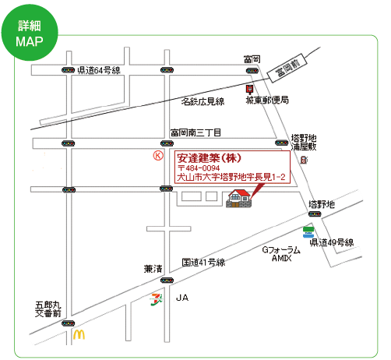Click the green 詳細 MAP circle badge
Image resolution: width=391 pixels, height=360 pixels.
pyautogui.click(x=30, y=33)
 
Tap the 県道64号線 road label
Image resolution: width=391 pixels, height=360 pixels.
pyautogui.click(x=99, y=70)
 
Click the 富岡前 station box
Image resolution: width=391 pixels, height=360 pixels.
pyautogui.click(x=287, y=68)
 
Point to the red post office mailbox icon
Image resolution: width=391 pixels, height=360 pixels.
pyautogui.click(x=249, y=89)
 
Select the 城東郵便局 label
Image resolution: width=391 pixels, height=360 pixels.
pyautogui.click(x=267, y=100)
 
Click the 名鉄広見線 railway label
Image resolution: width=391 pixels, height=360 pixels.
pyautogui.click(x=203, y=101)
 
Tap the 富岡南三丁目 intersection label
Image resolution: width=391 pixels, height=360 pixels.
pyautogui.click(x=195, y=132)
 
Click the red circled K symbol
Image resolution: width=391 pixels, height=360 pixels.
pyautogui.click(x=158, y=156)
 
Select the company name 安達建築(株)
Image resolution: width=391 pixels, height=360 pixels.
pyautogui.click(x=210, y=158)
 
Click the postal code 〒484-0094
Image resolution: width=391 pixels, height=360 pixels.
pyautogui.click(x=199, y=168)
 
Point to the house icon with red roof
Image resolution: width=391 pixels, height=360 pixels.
pyautogui.click(x=239, y=199)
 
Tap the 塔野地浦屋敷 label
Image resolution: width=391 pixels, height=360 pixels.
pyautogui.click(x=304, y=143)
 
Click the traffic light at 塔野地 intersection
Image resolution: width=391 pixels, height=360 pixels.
pyautogui.click(x=315, y=214)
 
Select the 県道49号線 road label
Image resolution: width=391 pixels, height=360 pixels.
pyautogui.click(x=332, y=242)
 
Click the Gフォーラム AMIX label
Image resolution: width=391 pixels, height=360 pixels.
pyautogui.click(x=281, y=254)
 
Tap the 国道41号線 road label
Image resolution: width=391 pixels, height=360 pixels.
pyautogui.click(x=203, y=263)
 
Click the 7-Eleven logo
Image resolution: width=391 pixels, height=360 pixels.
pyautogui.click(x=157, y=299)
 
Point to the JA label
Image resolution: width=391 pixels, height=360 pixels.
pyautogui.click(x=182, y=298)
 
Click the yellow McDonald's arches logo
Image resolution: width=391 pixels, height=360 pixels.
pyautogui.click(x=79, y=334)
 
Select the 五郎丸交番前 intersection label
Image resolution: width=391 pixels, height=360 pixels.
pyautogui.click(x=48, y=309)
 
